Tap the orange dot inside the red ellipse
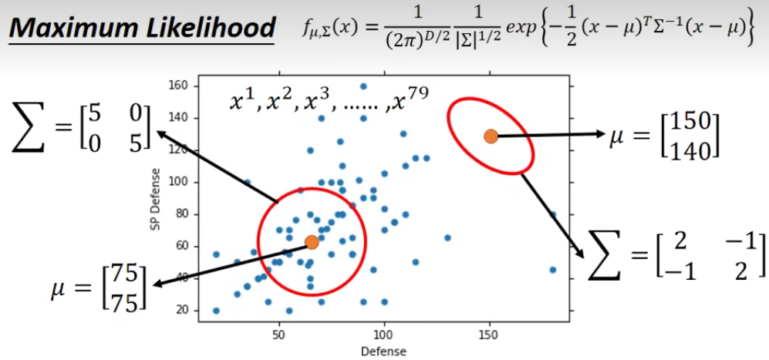tap(491, 136)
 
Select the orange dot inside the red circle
tap(312, 242)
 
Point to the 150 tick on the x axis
tap(487, 337)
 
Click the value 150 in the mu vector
tap(690, 123)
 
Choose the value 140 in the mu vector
tap(690, 150)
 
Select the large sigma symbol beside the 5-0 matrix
tap(29, 126)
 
